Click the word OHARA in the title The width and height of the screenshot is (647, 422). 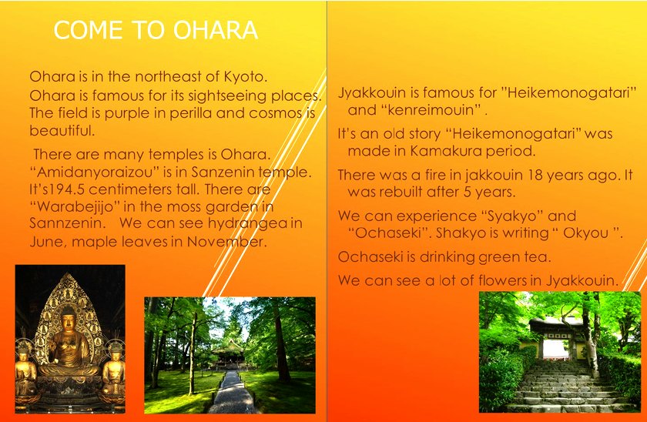coord(216,30)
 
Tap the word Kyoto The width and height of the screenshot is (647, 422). coord(246,77)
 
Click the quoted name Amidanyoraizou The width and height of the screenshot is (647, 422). coord(95,172)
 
